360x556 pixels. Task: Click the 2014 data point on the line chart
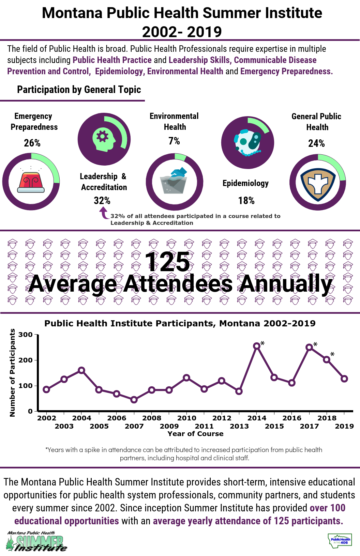(257, 346)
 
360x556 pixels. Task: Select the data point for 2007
(134, 400)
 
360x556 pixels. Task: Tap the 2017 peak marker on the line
(309, 347)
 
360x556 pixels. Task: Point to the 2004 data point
(81, 370)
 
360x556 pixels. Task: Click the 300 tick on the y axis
(26, 335)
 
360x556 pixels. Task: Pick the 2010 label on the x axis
(187, 418)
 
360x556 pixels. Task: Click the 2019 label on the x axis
(344, 426)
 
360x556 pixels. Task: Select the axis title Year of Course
(196, 434)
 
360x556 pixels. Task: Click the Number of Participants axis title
(13, 373)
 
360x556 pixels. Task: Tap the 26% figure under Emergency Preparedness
(32, 143)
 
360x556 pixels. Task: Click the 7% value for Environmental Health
(174, 141)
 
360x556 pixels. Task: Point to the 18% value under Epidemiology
(246, 200)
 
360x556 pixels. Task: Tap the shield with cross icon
(318, 183)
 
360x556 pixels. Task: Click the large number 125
(167, 262)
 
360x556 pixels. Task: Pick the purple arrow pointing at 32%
(103, 213)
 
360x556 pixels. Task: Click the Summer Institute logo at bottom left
(36, 541)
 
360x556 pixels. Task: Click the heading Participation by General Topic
(79, 90)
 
